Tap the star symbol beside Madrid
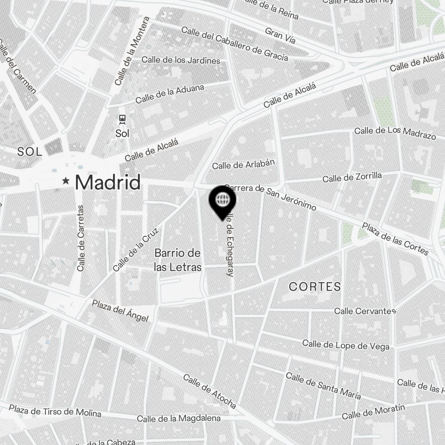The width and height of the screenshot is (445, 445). click(66, 181)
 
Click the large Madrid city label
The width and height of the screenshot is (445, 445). click(108, 182)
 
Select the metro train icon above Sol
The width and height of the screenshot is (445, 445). click(122, 119)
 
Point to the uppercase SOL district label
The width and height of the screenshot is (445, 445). click(30, 152)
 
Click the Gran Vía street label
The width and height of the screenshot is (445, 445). click(280, 36)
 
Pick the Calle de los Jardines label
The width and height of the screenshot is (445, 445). click(181, 60)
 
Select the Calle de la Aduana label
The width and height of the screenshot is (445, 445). click(170, 93)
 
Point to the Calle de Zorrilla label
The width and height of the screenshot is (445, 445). click(352, 177)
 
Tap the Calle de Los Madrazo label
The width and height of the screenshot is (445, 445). click(395, 132)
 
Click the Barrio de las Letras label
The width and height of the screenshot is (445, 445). click(178, 260)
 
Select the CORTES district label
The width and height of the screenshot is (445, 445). click(315, 287)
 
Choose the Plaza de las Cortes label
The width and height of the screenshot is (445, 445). click(395, 239)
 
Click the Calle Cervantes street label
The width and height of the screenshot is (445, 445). click(365, 311)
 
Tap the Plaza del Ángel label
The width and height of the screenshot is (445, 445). click(120, 310)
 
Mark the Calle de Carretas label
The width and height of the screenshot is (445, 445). click(81, 238)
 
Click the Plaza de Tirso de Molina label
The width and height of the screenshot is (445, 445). click(55, 410)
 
